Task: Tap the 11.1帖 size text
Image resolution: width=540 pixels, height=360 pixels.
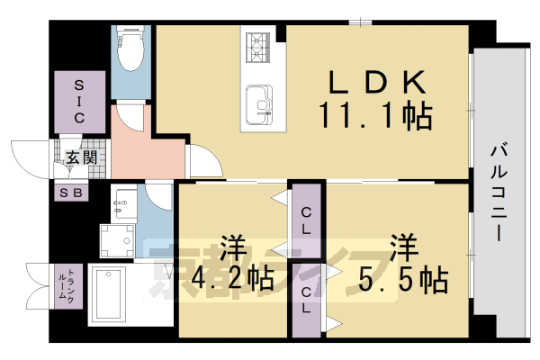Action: pos(373,116)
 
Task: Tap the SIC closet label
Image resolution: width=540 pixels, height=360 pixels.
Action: pos(78,100)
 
